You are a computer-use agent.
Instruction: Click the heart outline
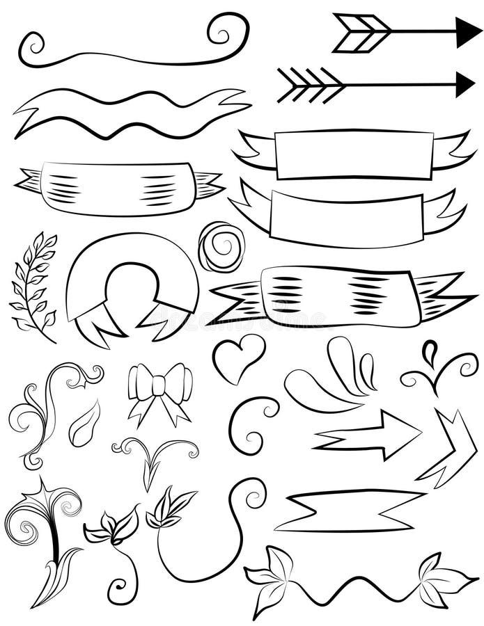(238, 356)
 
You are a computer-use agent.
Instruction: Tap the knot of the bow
(159, 385)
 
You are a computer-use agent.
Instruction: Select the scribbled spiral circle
(221, 246)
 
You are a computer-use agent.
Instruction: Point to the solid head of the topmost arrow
(467, 32)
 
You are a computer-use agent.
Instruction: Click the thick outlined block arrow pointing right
(369, 434)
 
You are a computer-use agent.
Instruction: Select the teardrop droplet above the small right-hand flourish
(430, 351)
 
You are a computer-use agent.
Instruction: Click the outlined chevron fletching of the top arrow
(361, 32)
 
